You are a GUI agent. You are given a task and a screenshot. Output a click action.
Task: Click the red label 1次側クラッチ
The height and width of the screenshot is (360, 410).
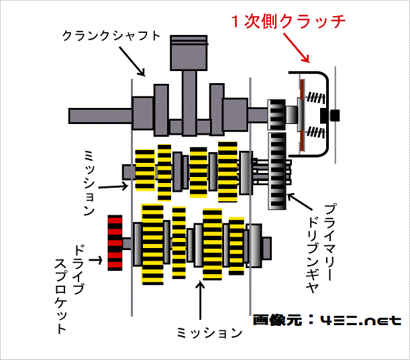point(289,21)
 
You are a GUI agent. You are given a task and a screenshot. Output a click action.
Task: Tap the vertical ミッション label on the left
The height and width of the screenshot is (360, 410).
point(89,180)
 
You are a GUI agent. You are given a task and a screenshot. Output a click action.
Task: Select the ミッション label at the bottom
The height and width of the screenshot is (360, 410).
point(208,331)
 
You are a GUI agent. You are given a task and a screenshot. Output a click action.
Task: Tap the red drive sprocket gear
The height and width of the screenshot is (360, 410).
point(115,242)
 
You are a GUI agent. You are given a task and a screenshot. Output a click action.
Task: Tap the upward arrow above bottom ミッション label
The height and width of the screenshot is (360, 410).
point(199,299)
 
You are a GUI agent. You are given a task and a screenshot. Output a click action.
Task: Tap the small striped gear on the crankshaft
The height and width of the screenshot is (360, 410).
point(276,115)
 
